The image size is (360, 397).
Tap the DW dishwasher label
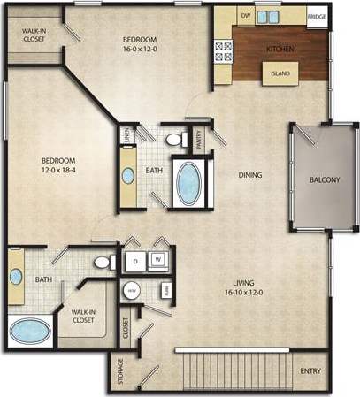click(245, 16)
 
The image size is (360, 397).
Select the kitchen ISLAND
click(280, 73)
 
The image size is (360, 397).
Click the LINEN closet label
click(127, 136)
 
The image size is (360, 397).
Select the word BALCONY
click(324, 179)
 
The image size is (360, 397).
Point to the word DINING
click(250, 174)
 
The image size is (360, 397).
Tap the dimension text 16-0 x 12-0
click(140, 49)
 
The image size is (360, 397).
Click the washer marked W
click(158, 260)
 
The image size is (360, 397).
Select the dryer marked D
click(134, 260)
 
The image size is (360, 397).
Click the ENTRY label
click(310, 370)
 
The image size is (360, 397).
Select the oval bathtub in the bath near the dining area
click(190, 182)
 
